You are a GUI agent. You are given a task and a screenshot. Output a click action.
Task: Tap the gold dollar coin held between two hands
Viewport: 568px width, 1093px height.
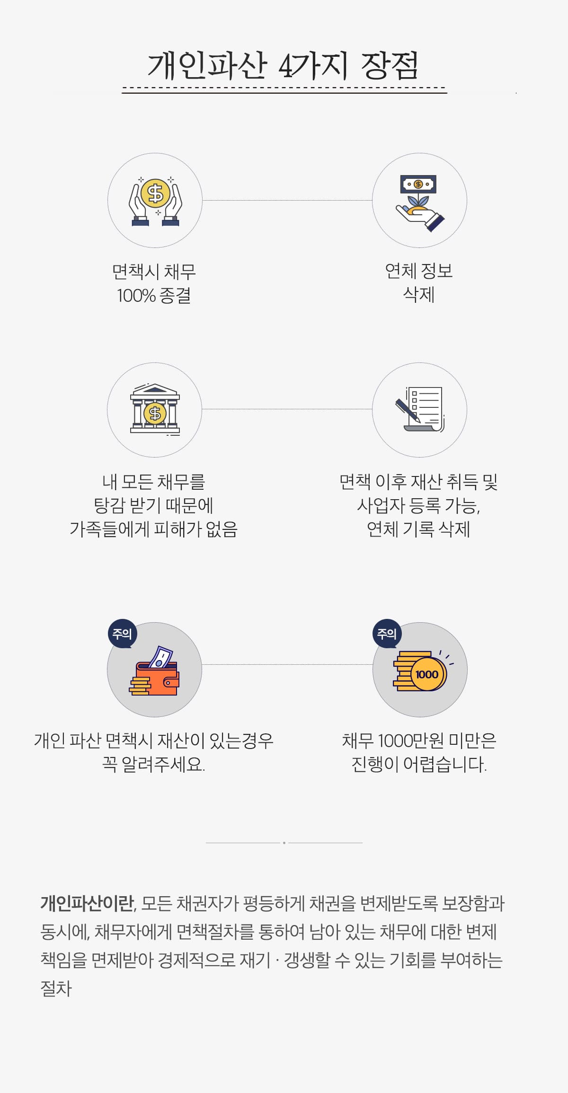point(155,193)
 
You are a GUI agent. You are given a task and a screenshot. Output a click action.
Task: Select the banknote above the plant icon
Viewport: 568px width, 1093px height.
point(418,184)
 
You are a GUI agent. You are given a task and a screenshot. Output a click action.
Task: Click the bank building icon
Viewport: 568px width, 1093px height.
point(155,408)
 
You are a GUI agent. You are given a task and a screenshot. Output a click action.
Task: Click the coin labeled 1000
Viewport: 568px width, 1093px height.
point(427,674)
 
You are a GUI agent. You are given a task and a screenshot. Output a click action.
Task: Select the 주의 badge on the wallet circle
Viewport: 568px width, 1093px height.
point(123,634)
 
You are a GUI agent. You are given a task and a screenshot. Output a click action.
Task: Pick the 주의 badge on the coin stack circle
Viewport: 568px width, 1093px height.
point(387,634)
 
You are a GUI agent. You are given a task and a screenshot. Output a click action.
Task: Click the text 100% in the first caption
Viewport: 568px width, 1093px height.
point(136,296)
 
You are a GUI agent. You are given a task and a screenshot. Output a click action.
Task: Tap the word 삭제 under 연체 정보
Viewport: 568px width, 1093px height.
point(419,294)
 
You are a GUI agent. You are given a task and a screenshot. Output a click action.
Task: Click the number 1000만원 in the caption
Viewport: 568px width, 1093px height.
point(410,740)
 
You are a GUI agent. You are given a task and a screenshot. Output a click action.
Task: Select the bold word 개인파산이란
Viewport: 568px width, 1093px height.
point(87,903)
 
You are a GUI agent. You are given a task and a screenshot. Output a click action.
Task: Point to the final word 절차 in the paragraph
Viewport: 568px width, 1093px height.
point(56,988)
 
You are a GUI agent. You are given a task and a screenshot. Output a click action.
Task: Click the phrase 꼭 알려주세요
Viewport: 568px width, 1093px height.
point(154,764)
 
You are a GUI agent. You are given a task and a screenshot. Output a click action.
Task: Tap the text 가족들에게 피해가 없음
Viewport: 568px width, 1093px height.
point(154,529)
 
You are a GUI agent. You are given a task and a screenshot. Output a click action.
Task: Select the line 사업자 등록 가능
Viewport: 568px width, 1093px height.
point(419,505)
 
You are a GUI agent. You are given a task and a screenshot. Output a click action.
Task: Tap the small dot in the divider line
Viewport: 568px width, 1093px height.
point(284,843)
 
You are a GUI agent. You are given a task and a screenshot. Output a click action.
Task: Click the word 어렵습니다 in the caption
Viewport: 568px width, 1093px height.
point(444,764)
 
